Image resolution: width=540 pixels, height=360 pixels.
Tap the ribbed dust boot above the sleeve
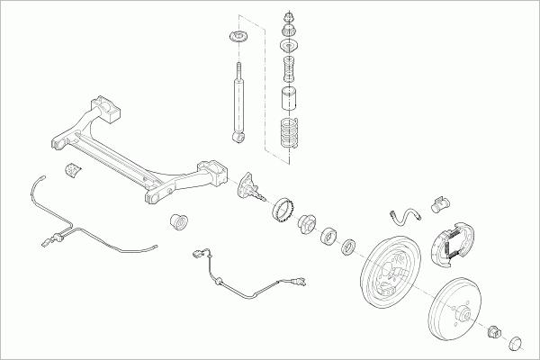coord(290,67)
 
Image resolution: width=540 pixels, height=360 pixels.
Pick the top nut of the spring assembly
coord(290,17)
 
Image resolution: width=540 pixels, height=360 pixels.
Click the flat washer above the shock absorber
coord(239,38)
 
